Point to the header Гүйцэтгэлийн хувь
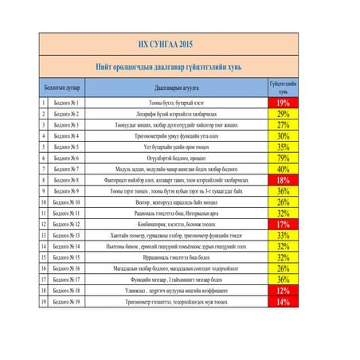pyautogui.click(x=283, y=87)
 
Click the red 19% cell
pyautogui.click(x=283, y=104)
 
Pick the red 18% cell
pyautogui.click(x=283, y=181)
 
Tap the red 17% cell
pyautogui.click(x=283, y=225)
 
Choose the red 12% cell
pyautogui.click(x=283, y=292)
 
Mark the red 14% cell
pyautogui.click(x=283, y=303)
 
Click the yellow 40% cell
pyautogui.click(x=283, y=170)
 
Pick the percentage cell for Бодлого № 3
pyautogui.click(x=283, y=125)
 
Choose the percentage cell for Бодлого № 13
pyautogui.click(x=283, y=236)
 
